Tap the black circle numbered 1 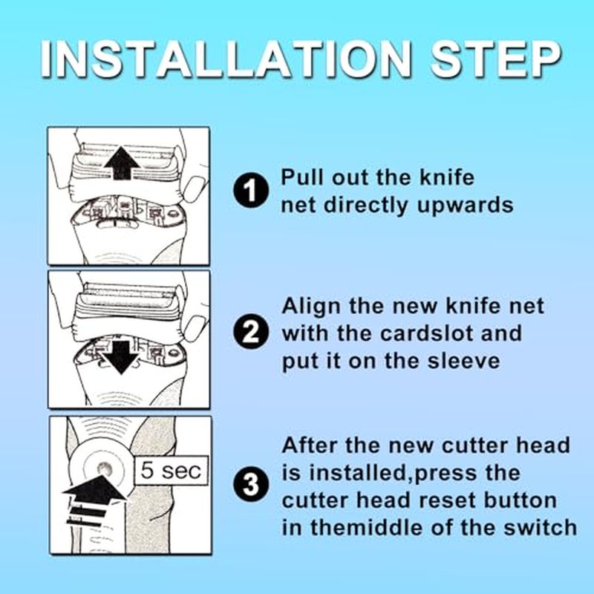tap(251, 190)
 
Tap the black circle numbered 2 tap(251, 333)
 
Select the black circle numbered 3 tap(251, 485)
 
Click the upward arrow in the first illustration tap(122, 163)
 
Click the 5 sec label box tap(172, 471)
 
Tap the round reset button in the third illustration tap(105, 469)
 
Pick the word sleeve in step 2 tap(463, 361)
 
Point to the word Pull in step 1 tap(303, 177)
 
